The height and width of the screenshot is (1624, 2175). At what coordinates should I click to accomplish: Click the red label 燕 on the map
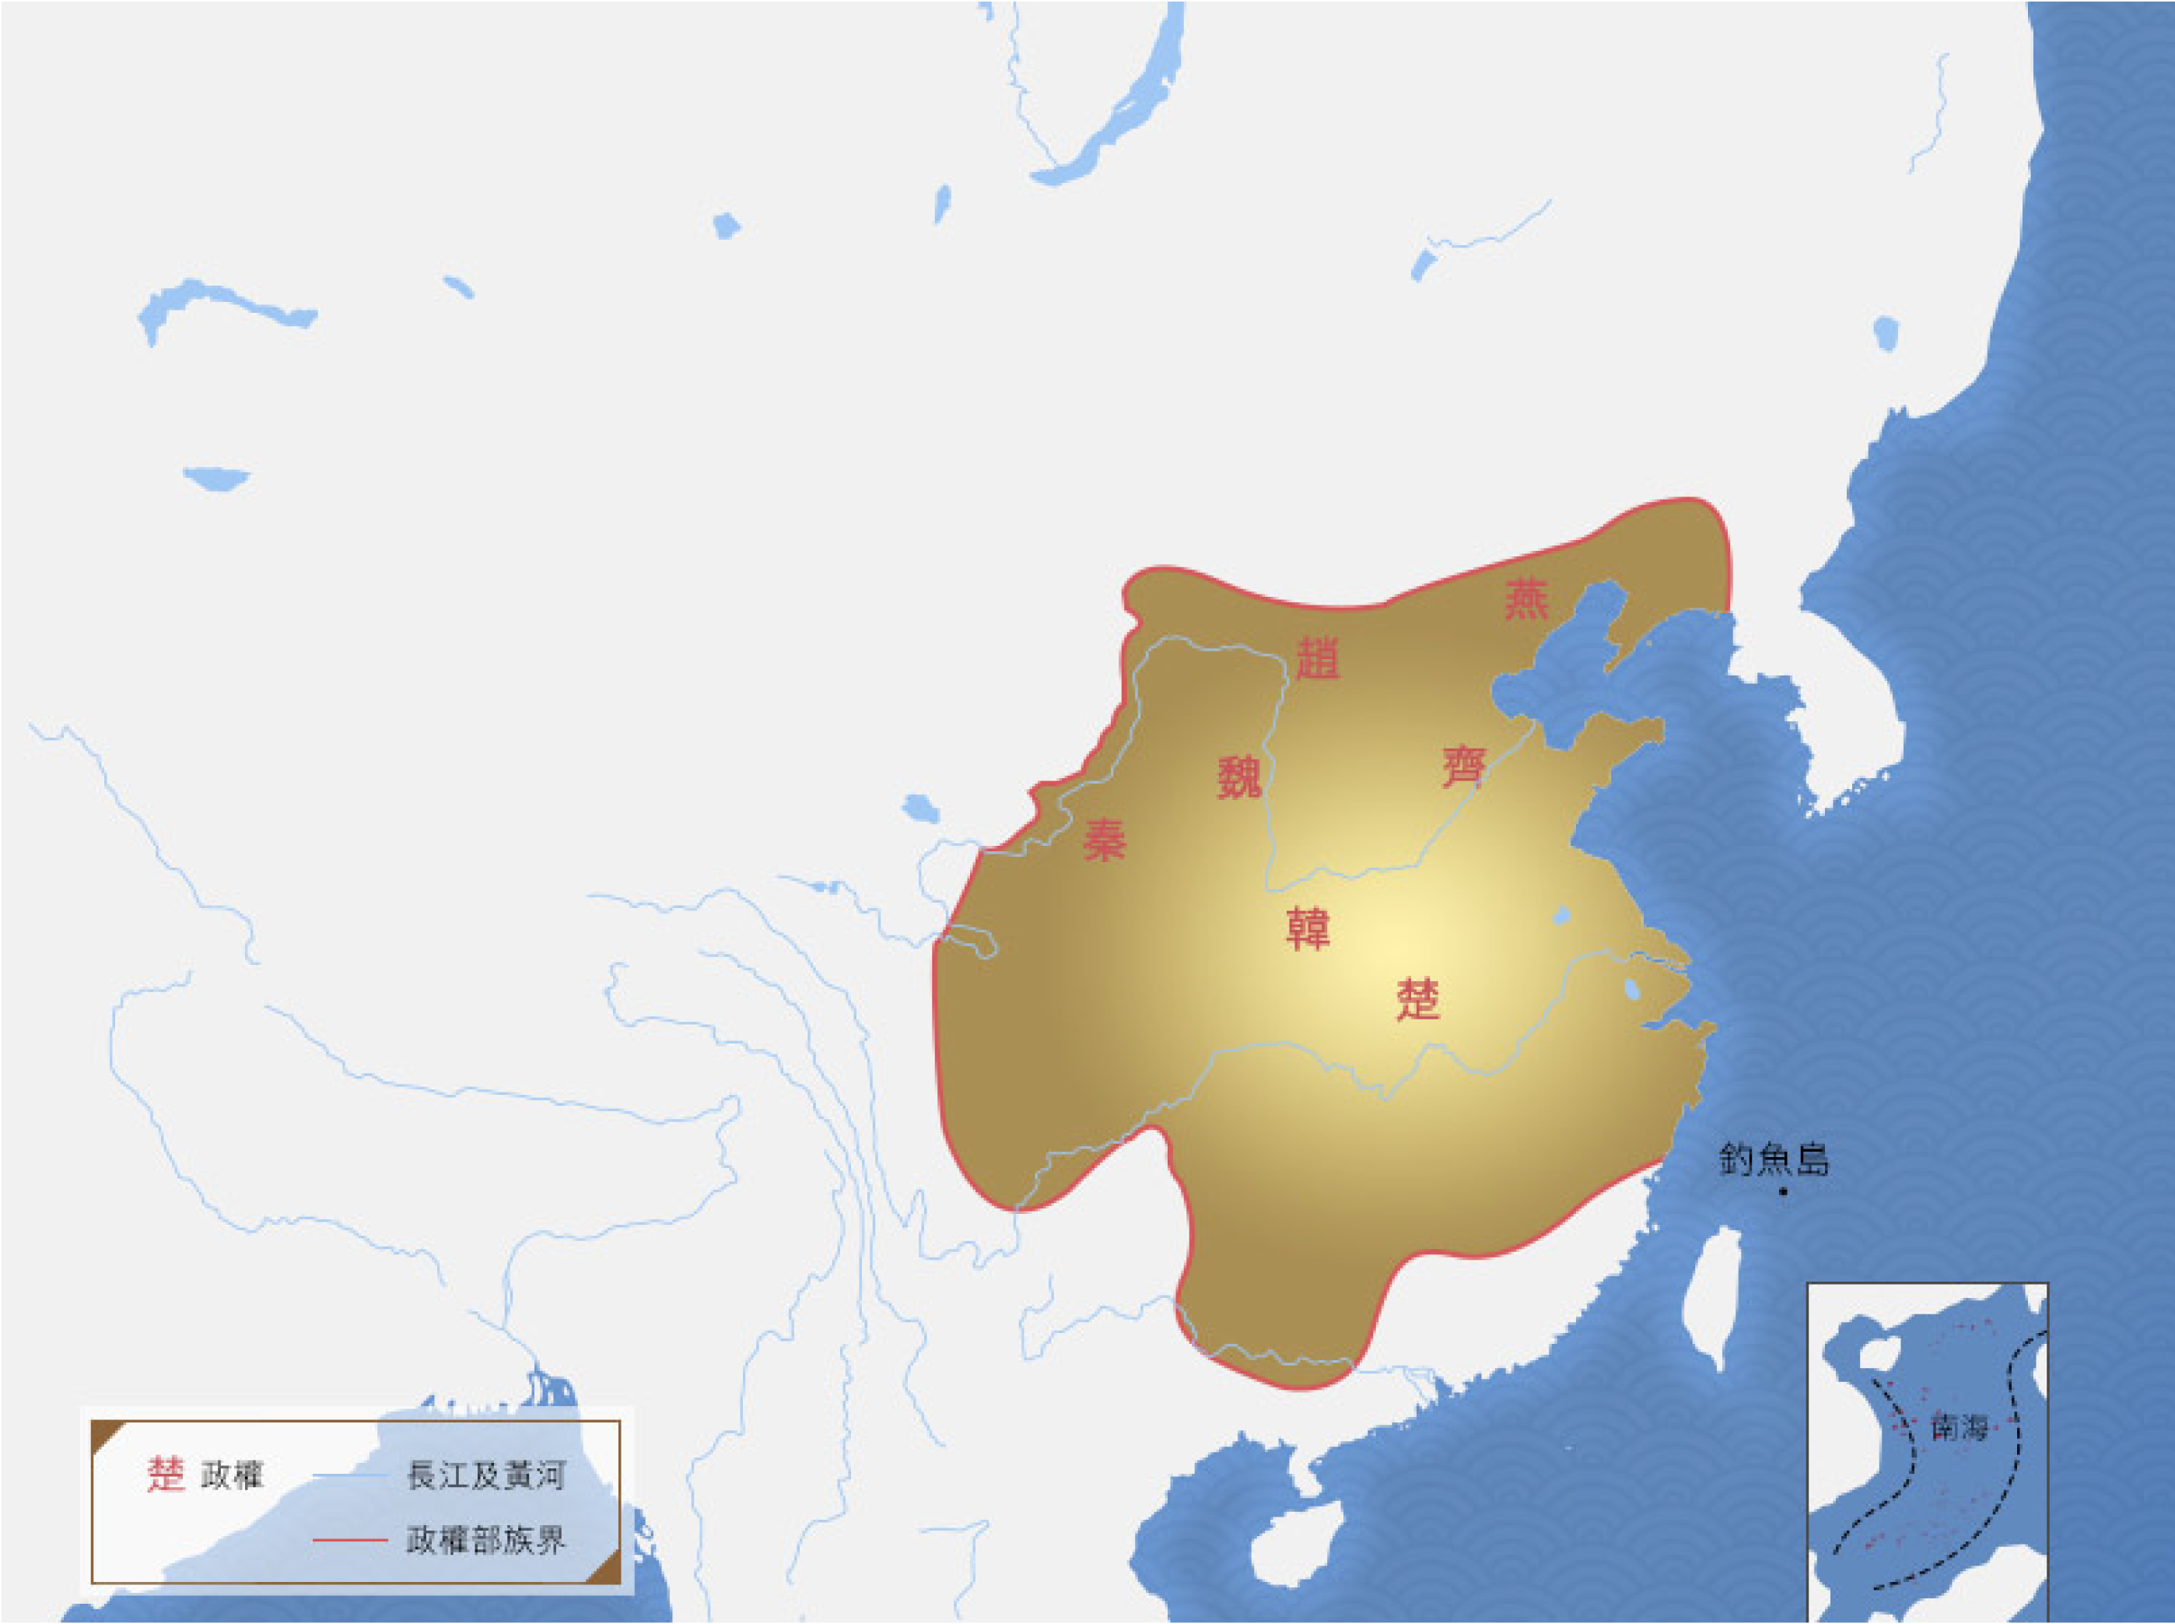pos(1526,600)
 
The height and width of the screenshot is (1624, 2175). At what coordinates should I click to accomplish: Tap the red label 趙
pos(1317,658)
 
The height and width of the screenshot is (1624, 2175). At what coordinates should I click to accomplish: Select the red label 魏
pos(1239,779)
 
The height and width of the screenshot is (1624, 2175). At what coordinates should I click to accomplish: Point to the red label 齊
pos(1463,766)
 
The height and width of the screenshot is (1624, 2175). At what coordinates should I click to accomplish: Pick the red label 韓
pos(1307,929)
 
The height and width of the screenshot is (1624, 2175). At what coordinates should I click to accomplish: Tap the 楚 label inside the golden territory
pos(1417,1000)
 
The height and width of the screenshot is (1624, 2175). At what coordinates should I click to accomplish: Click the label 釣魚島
pos(1774,1160)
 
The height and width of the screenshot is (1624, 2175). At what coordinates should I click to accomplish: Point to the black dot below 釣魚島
pos(1783,1192)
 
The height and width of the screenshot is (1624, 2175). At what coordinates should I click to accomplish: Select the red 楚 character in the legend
pos(165,1475)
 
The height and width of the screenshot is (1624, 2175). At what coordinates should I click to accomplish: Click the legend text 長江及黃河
pos(485,1475)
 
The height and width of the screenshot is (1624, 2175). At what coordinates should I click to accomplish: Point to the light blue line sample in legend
pos(350,1475)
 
